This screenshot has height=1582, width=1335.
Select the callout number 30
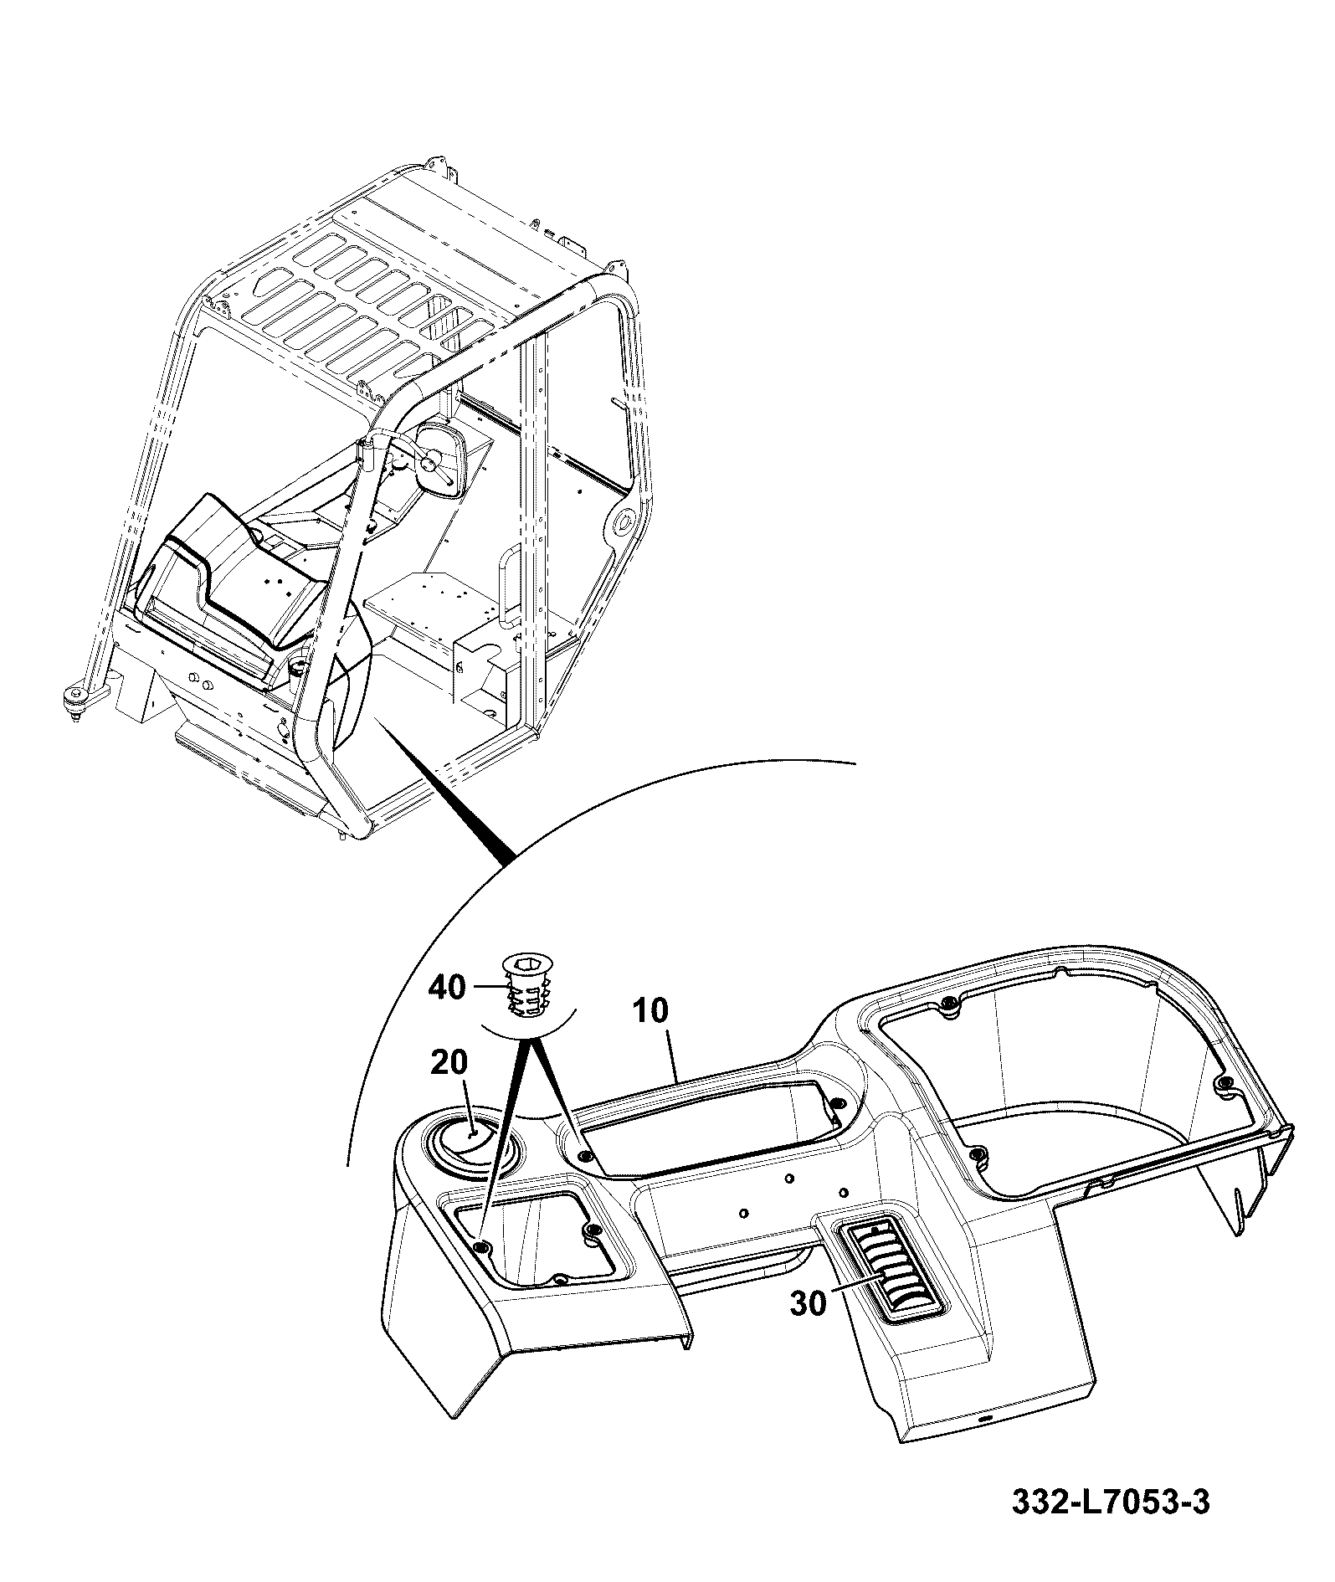[808, 1303]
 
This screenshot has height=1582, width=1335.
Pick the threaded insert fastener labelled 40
[524, 989]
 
